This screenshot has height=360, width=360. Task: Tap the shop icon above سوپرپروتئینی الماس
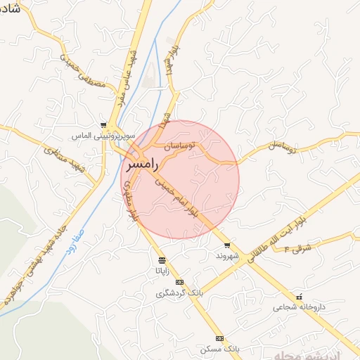click(x=103, y=125)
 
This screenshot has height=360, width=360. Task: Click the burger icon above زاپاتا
click(x=162, y=259)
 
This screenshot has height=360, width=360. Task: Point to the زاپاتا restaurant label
click(x=162, y=269)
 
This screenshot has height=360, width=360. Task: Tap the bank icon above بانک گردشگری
click(x=179, y=283)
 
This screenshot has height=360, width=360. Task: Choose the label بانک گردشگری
click(x=179, y=292)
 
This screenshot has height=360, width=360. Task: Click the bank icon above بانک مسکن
click(x=219, y=338)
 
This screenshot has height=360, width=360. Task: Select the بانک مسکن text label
click(x=219, y=349)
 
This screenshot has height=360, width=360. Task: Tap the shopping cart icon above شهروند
click(x=227, y=245)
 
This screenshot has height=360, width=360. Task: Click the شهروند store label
click(x=228, y=256)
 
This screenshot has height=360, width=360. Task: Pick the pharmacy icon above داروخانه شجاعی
click(x=300, y=297)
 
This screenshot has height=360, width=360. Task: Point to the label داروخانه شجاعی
click(x=300, y=307)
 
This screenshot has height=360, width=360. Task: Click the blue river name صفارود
click(x=72, y=240)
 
